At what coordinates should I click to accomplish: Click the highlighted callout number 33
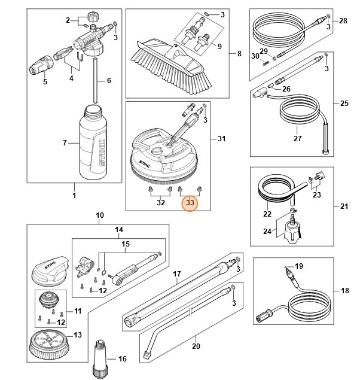coord(190,203)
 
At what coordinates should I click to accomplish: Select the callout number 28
coord(343,21)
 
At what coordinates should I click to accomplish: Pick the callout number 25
coord(344,104)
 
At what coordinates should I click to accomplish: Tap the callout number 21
coord(344,206)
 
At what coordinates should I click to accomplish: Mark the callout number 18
coord(344,291)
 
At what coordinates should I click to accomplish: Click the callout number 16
coord(123,359)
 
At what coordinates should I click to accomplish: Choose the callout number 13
coord(77,335)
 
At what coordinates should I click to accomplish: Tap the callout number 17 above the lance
coord(177,274)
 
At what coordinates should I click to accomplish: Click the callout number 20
coord(196,346)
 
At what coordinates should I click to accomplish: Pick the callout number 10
coord(100,215)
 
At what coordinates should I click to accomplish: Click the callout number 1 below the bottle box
coord(74,195)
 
